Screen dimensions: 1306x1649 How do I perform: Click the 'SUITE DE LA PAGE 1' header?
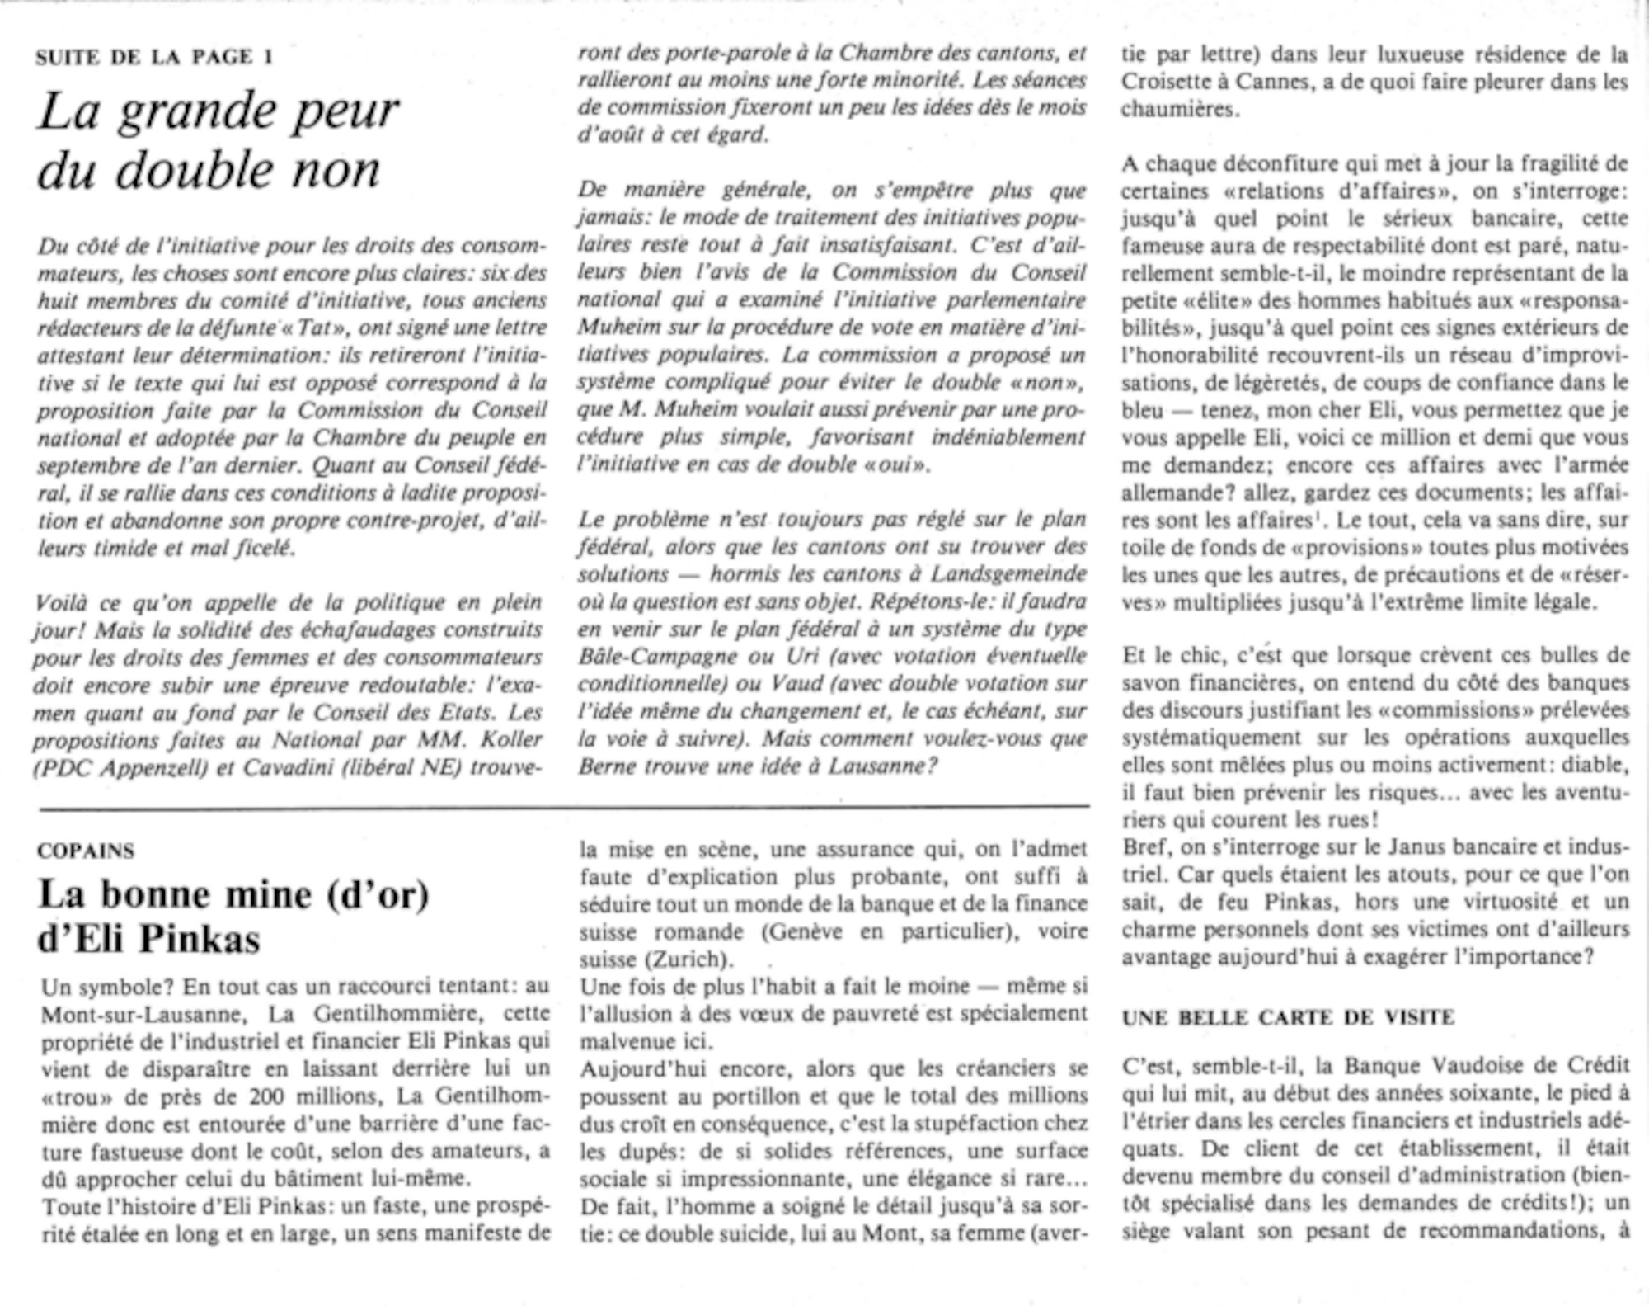[154, 56]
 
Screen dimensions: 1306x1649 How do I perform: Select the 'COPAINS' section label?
[86, 851]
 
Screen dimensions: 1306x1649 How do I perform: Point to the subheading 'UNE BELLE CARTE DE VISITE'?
[1288, 1017]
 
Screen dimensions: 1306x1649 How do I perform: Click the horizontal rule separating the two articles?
[564, 806]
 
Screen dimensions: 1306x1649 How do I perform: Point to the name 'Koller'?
[514, 739]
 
